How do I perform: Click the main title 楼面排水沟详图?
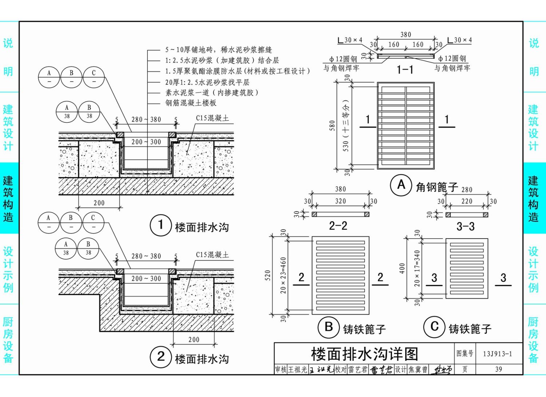click(364, 354)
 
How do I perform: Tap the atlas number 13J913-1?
click(497, 354)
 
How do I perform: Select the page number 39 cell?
click(498, 369)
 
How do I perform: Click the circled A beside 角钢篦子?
click(401, 185)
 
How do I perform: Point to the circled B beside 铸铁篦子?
click(329, 327)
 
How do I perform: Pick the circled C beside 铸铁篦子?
click(434, 326)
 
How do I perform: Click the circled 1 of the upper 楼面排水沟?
click(161, 225)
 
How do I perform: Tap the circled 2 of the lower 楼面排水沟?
click(161, 357)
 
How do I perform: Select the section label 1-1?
click(405, 70)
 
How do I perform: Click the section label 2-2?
click(338, 226)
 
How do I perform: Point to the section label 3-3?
click(466, 227)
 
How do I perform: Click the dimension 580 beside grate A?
click(332, 126)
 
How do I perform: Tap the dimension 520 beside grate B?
click(268, 275)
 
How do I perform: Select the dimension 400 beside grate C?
click(402, 268)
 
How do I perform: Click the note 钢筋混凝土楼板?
click(191, 103)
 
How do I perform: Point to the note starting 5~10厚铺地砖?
click(218, 50)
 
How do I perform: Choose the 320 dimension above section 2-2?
click(340, 201)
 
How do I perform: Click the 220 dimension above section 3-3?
click(467, 201)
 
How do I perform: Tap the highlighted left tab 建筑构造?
click(8, 198)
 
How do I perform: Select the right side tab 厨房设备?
click(533, 339)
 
